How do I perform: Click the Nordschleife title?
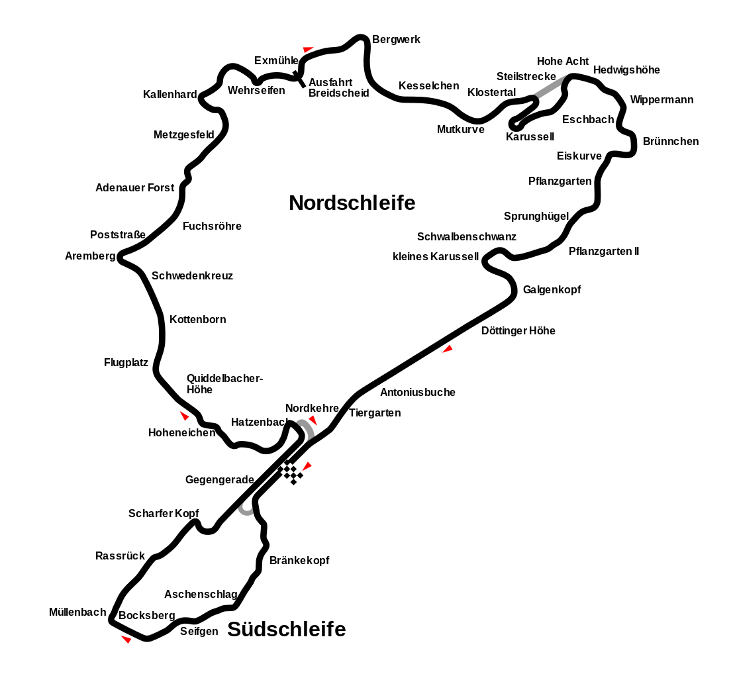[x=352, y=203]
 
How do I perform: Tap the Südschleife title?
[x=287, y=630]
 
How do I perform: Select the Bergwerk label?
[x=396, y=40]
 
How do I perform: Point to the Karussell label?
[x=530, y=136]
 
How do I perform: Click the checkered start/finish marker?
[x=290, y=472]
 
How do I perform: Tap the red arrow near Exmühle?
[x=308, y=49]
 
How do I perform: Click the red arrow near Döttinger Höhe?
[x=448, y=349]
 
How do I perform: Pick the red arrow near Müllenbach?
[x=126, y=639]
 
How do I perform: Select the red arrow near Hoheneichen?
[x=185, y=416]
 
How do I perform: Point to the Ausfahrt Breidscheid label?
[x=339, y=87]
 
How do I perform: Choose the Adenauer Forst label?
[x=134, y=188]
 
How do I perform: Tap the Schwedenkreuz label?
[x=192, y=276]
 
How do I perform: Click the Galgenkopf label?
[x=552, y=290]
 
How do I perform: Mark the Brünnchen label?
[x=671, y=142]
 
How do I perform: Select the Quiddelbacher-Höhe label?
[x=225, y=384]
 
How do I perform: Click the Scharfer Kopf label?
[x=164, y=513]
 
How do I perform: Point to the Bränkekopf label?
[x=299, y=560]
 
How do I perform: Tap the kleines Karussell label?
[x=436, y=257]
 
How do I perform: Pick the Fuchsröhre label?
[x=213, y=226]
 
